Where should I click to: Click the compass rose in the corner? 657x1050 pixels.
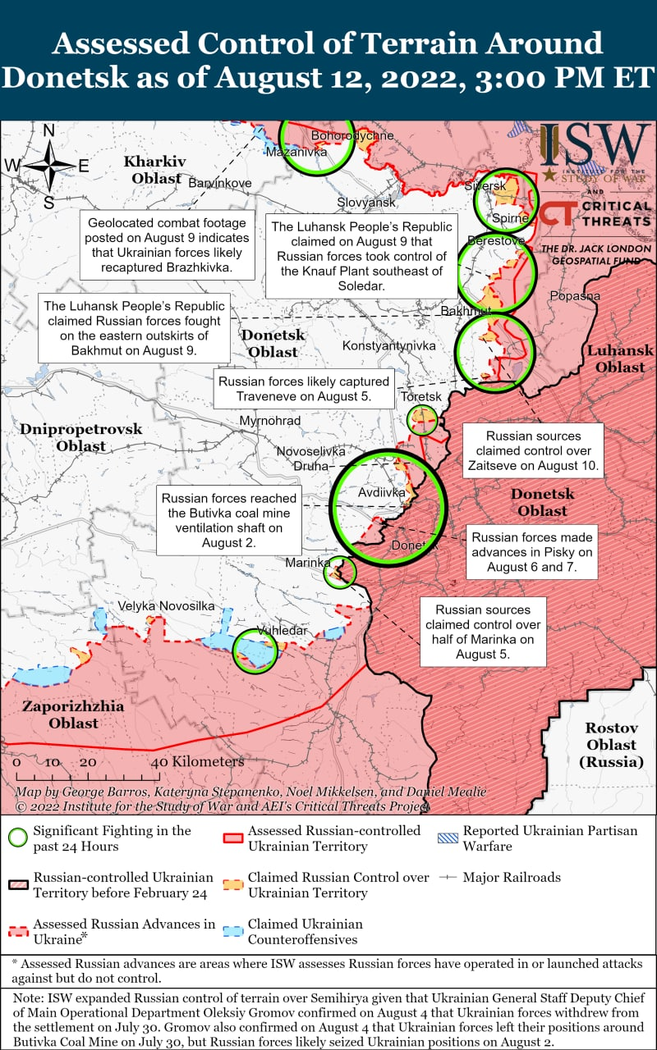click(x=48, y=167)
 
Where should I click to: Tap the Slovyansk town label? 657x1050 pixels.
click(x=366, y=202)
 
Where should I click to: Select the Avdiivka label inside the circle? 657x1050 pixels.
click(x=382, y=493)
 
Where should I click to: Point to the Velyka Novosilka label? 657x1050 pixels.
click(x=166, y=605)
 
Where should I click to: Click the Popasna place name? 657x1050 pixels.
click(x=575, y=295)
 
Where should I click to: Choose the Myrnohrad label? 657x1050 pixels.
click(x=270, y=421)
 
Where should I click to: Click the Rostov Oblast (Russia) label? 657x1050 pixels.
click(x=611, y=745)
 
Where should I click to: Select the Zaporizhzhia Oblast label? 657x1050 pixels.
click(x=73, y=714)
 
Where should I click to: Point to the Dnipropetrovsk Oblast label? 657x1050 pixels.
click(x=81, y=437)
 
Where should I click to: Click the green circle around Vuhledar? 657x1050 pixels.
click(x=255, y=651)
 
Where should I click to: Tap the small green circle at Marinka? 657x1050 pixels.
click(x=341, y=572)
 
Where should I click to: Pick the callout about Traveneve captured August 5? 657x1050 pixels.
click(x=304, y=389)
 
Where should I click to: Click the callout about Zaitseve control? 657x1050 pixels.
click(x=533, y=450)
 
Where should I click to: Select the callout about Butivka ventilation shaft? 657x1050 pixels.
click(x=229, y=520)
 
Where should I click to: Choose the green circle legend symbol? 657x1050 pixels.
click(x=17, y=838)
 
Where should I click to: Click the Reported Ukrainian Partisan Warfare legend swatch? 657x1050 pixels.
click(x=448, y=838)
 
